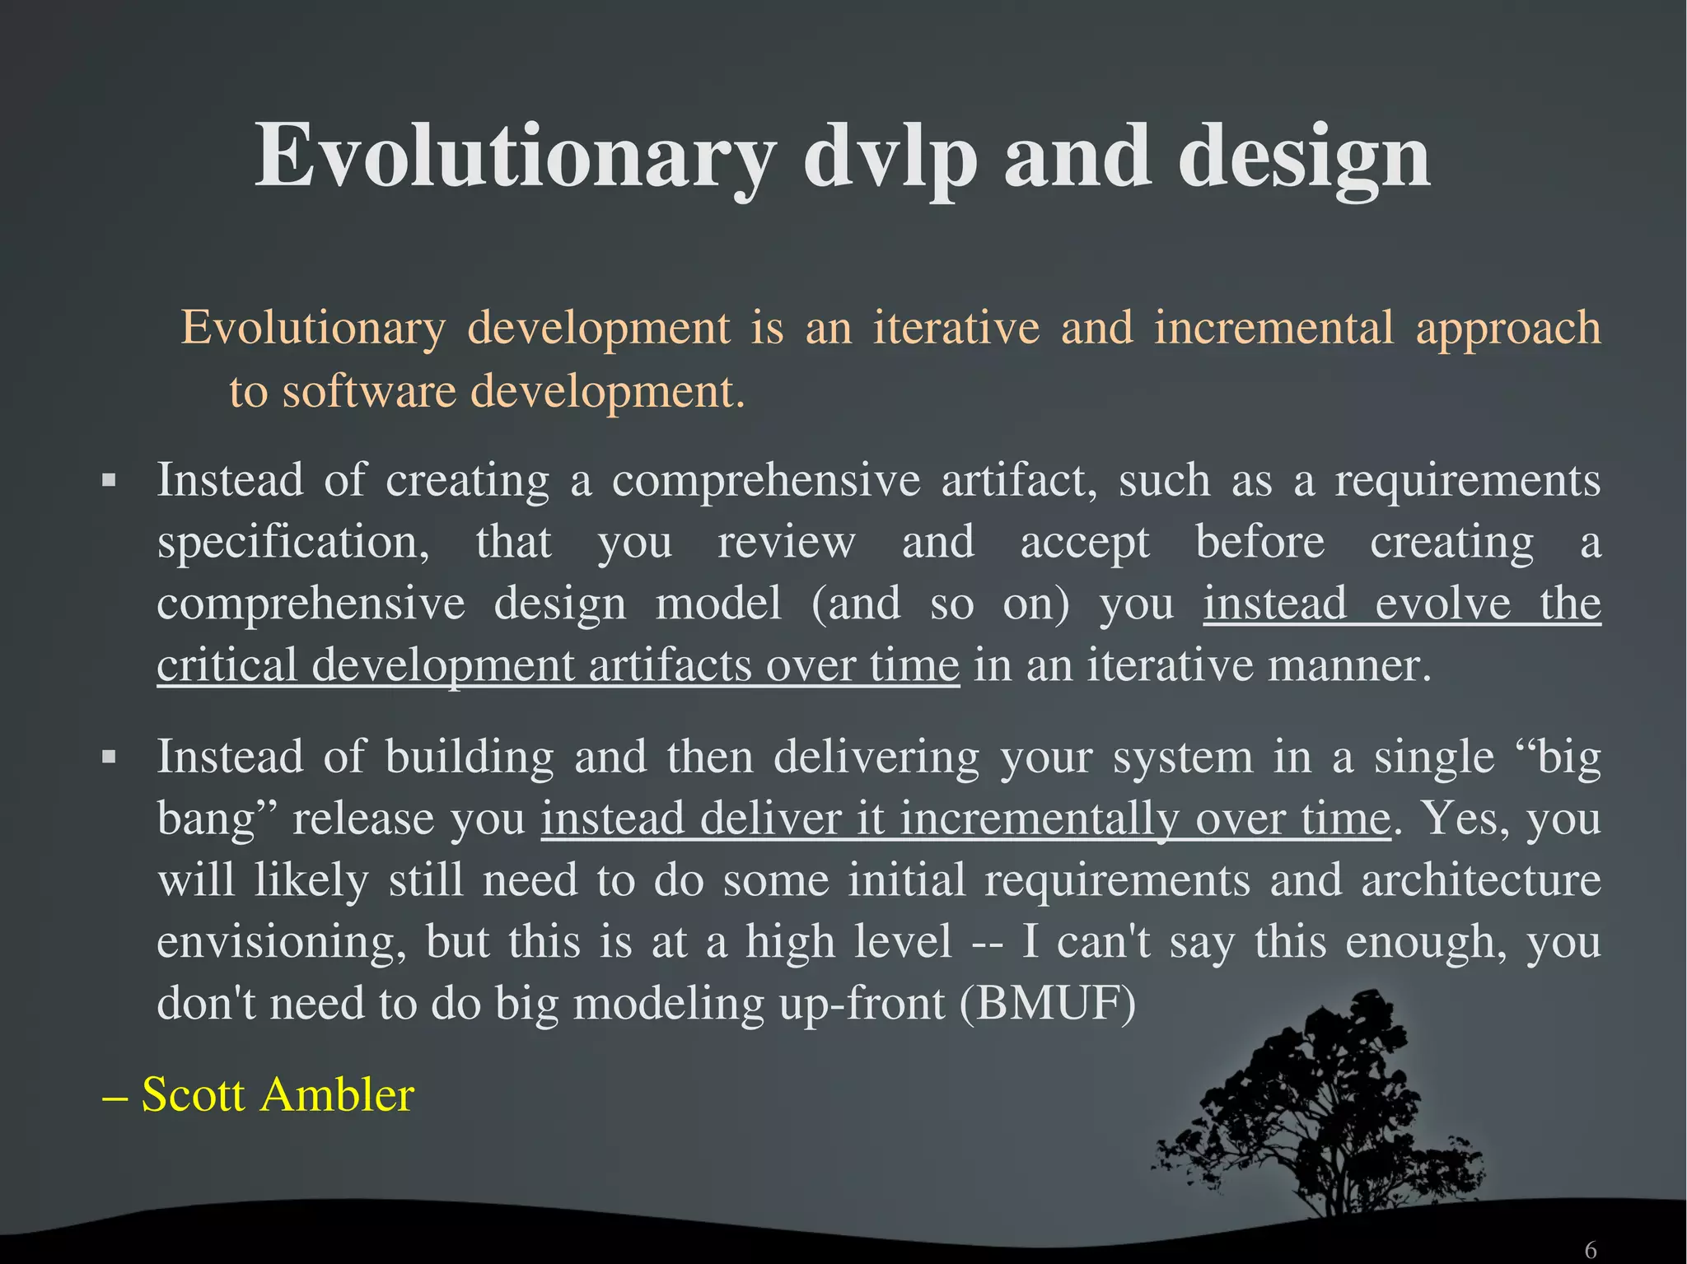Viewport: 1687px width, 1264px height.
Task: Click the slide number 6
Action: (1590, 1250)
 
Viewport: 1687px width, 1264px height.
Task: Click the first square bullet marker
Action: (108, 480)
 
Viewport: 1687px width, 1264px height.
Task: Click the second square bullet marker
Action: (108, 757)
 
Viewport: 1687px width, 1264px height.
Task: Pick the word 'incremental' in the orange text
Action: (1273, 328)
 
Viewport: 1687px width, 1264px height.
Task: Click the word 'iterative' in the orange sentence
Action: (956, 328)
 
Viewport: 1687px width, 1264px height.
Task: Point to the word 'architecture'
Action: (1480, 879)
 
